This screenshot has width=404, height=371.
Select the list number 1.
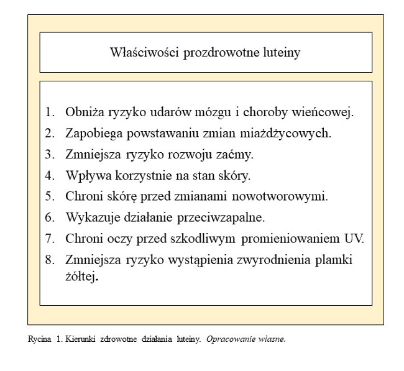[x=50, y=112]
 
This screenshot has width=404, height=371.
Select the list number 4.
[x=50, y=175]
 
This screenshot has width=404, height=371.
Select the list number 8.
[x=50, y=259]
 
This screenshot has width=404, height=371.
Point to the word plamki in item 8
[x=336, y=259]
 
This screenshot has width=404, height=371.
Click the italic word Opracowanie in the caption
[x=227, y=339]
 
